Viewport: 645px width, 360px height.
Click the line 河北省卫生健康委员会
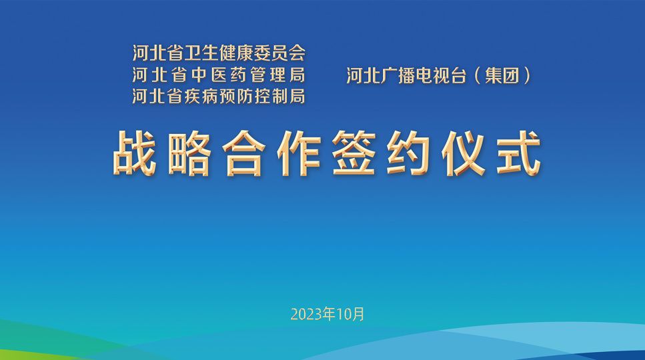[x=219, y=53]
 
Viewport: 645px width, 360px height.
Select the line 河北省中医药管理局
[x=219, y=75]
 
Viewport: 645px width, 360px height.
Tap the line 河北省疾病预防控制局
[x=219, y=96]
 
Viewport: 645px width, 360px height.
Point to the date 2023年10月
[x=328, y=315]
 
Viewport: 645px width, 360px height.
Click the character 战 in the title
[x=135, y=154]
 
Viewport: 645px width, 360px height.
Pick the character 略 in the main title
[x=189, y=154]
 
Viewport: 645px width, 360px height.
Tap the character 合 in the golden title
[x=244, y=154]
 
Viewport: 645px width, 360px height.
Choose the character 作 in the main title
[x=299, y=154]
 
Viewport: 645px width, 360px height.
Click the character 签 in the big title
[x=354, y=154]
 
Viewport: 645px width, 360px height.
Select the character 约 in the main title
[x=408, y=154]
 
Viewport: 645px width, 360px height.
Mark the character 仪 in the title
[x=464, y=154]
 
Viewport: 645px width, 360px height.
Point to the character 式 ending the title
[x=518, y=154]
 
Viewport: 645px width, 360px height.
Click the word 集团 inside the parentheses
[x=502, y=76]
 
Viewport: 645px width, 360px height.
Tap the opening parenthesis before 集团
[x=478, y=76]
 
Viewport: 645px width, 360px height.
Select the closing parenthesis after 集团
[x=526, y=76]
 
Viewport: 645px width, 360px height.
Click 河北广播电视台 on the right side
[x=406, y=76]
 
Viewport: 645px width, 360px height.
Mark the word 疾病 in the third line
[x=201, y=96]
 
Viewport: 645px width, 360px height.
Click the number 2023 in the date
[x=306, y=315]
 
